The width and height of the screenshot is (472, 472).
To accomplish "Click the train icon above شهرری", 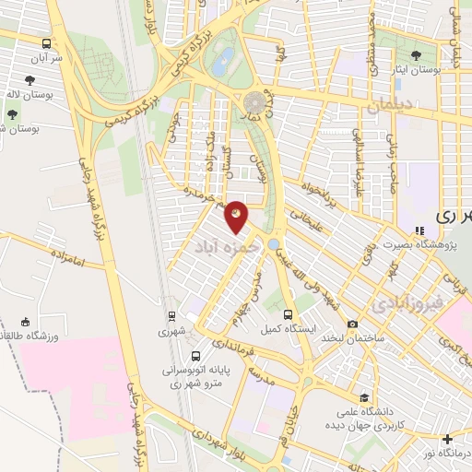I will [171, 316].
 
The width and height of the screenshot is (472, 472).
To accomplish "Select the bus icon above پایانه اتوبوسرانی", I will [195, 356].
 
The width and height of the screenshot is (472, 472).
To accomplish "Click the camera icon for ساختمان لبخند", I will [352, 324].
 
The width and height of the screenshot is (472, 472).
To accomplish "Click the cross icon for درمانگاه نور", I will [448, 439].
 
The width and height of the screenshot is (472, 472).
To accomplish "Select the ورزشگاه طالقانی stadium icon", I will [26, 323].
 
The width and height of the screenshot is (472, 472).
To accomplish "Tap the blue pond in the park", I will [222, 63].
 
